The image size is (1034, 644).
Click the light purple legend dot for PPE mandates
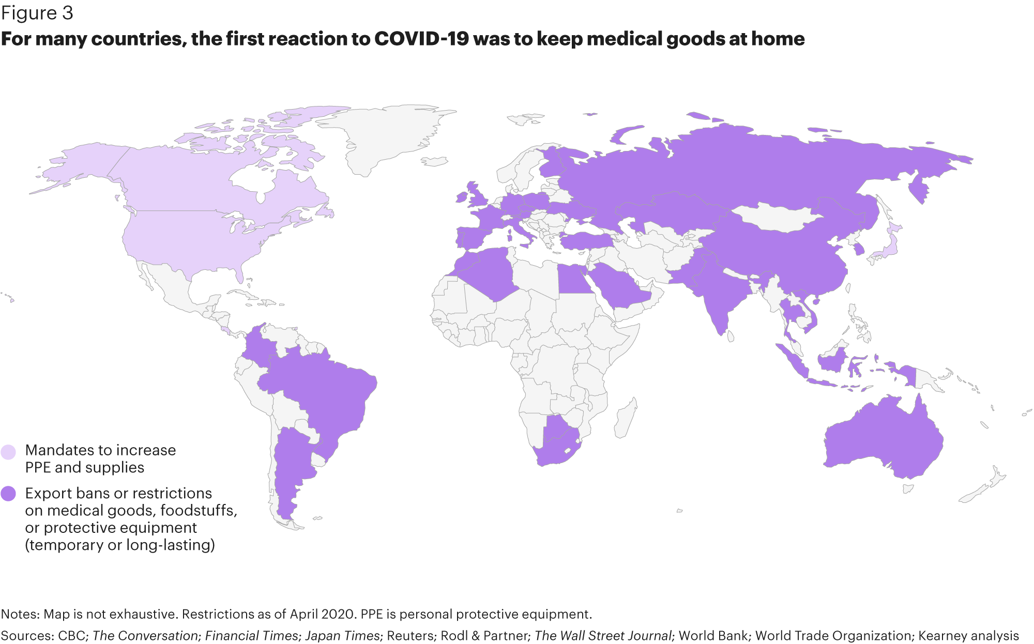pyautogui.click(x=8, y=452)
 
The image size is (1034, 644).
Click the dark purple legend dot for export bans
pyautogui.click(x=8, y=494)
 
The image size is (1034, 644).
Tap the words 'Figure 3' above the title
pyautogui.click(x=37, y=13)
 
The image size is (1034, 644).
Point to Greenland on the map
pyautogui.click(x=383, y=134)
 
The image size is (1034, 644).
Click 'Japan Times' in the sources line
pyautogui.click(x=342, y=636)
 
